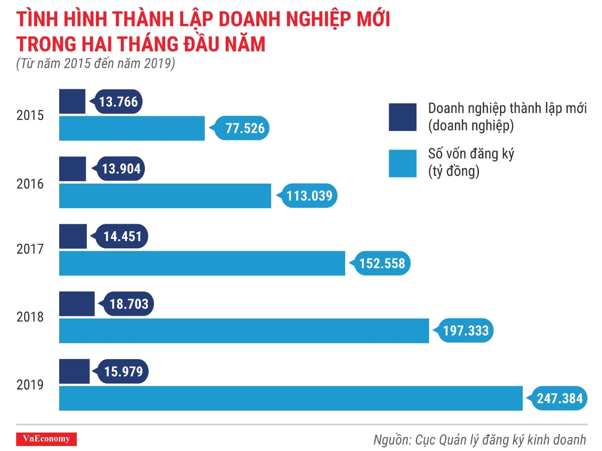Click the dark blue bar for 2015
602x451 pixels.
(x=72, y=101)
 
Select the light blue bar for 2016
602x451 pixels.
(x=165, y=196)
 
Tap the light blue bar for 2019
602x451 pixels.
(x=291, y=398)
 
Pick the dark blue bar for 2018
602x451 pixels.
(x=77, y=304)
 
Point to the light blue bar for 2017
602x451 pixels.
(x=202, y=263)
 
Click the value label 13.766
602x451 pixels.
(x=118, y=102)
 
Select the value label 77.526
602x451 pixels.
(x=244, y=128)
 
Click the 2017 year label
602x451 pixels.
(x=30, y=249)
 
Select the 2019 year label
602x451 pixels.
(x=30, y=385)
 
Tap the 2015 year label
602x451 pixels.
(x=30, y=115)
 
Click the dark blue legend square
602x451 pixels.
(x=402, y=117)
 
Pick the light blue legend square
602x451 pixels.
(x=402, y=164)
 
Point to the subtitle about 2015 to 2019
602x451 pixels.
(x=95, y=64)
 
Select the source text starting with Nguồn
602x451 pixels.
(x=480, y=440)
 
